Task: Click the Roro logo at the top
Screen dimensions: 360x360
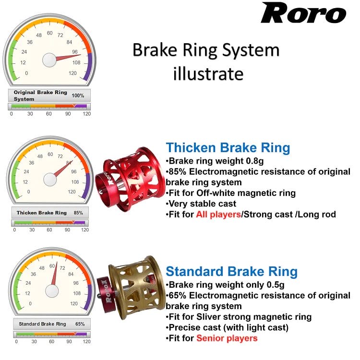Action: point(303,13)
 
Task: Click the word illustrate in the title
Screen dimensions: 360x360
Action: point(207,74)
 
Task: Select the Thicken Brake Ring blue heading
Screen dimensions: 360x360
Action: point(228,148)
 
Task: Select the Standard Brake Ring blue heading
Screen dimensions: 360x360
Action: point(231,272)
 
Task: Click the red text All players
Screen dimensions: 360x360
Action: point(218,215)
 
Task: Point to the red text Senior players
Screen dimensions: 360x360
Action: point(227,338)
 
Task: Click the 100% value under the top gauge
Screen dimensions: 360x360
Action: point(77,96)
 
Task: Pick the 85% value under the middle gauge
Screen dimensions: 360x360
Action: point(78,213)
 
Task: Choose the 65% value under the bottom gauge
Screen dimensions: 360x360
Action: point(80,324)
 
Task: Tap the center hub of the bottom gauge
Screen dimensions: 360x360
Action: point(52,290)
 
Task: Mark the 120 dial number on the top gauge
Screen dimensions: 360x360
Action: point(72,73)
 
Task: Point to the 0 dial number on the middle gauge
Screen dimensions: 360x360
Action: point(29,192)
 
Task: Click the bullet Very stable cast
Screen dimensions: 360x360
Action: point(201,204)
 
